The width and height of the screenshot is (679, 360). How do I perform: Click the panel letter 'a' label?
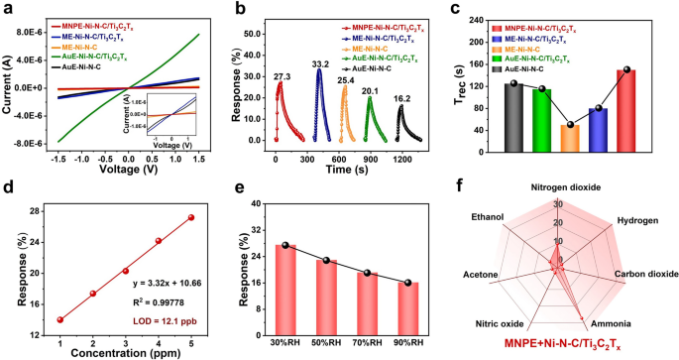click(x=8, y=9)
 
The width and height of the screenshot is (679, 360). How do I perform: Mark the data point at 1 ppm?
click(x=60, y=320)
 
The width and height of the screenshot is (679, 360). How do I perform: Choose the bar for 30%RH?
click(x=285, y=291)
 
